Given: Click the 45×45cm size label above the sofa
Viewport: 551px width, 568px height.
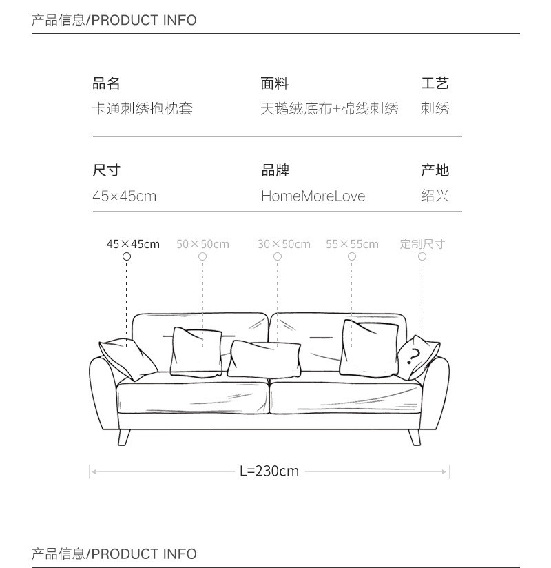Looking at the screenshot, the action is coord(133,244).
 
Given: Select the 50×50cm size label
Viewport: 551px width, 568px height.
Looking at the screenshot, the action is coord(202,244).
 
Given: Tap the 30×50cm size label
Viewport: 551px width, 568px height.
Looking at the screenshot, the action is coord(284,244).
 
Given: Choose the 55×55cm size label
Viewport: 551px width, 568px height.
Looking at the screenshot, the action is coord(352,244).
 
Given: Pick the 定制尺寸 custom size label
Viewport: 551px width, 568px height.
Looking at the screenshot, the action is coord(422,244).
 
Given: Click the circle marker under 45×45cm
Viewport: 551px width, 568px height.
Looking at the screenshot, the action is coord(127,256).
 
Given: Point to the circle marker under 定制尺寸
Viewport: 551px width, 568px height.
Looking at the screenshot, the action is coord(422,256).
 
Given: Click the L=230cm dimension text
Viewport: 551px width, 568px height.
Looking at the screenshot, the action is coord(269,471).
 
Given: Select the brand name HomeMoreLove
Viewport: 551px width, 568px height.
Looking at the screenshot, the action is coord(313,196).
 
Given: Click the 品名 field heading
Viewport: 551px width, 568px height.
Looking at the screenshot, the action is coord(107,83).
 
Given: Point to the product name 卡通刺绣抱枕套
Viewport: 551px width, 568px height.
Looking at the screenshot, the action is coord(143,109).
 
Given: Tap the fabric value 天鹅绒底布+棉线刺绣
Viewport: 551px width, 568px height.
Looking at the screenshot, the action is coord(329,109).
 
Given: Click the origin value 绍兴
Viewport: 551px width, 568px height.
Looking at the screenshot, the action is coord(435,196).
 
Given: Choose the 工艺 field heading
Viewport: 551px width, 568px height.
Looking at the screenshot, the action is coord(435,83).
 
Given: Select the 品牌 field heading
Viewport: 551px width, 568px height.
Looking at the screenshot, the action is coord(275,170).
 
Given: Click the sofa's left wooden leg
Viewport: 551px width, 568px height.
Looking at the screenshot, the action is coord(124,436).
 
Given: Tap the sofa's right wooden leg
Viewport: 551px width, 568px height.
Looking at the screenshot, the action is coord(415,436).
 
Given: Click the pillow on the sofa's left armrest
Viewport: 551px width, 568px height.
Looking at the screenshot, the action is coord(129,358).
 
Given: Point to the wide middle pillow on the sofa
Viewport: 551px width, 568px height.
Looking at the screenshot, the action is coord(264,358).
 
